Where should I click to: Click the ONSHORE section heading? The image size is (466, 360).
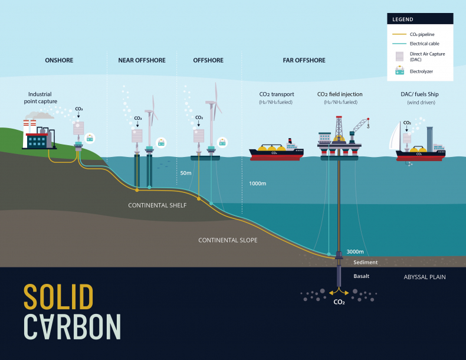pyautogui.click(x=59, y=60)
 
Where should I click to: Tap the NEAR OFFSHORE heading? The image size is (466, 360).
pyautogui.click(x=142, y=60)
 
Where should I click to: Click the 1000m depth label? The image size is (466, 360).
pyautogui.click(x=258, y=184)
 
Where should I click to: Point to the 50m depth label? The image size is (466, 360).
pyautogui.click(x=186, y=173)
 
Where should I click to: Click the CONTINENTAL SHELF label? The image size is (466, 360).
pyautogui.click(x=157, y=205)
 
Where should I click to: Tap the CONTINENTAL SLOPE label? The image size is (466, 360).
pyautogui.click(x=228, y=240)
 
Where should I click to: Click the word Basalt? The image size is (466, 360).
pyautogui.click(x=362, y=276)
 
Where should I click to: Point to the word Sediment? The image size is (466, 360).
pyautogui.click(x=365, y=262)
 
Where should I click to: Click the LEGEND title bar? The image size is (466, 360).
pyautogui.click(x=420, y=19)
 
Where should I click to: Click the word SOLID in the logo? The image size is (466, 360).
pyautogui.click(x=58, y=297)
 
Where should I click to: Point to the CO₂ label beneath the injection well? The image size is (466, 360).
pyautogui.click(x=339, y=302)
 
